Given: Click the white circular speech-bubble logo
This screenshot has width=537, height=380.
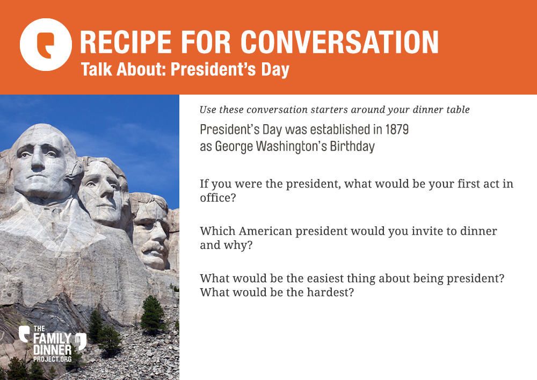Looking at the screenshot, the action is coord(46,45).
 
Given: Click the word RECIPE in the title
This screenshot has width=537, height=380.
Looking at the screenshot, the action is coord(125,42).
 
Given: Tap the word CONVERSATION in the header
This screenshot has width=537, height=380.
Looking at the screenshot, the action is coord(339,42).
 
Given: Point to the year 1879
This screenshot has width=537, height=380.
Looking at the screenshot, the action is coord(397,130).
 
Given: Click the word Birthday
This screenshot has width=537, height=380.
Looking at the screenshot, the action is coord(352,146).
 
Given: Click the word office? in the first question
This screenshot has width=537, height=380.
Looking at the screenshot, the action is coord(218,198).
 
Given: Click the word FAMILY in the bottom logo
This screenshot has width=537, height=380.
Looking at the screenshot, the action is coord(53,339).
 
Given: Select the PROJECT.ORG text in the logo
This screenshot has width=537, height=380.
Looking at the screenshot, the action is coord(53,359).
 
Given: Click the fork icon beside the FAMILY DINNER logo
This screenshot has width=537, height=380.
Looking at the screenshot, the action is coord(81,341).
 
